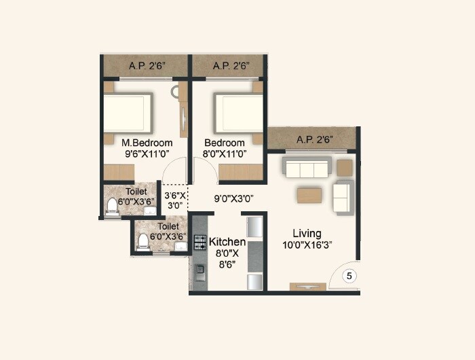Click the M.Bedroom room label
click(147, 143)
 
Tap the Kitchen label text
click(227, 242)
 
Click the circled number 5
click(349, 276)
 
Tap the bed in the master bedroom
click(127, 113)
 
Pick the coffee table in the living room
click(309, 195)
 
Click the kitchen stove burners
click(200, 242)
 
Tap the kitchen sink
click(200, 272)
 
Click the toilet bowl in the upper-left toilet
click(113, 206)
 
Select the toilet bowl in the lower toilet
click(143, 242)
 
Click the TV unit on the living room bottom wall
click(308, 287)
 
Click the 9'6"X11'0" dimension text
click(147, 154)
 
